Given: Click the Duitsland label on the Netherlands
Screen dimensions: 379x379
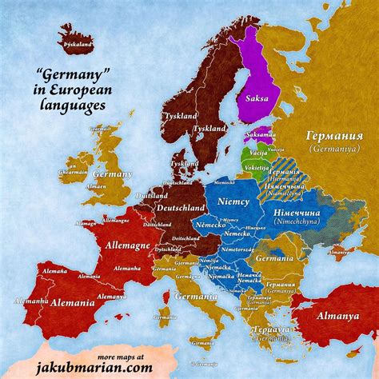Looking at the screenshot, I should (152, 196).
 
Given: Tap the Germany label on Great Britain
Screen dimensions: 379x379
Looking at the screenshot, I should (112, 174).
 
